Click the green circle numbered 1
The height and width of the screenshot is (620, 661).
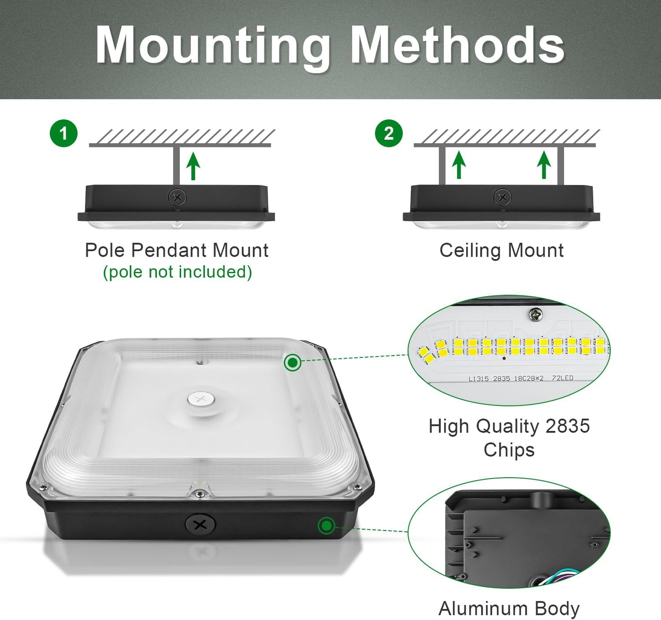(x=64, y=134)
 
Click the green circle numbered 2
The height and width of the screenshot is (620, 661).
(x=389, y=134)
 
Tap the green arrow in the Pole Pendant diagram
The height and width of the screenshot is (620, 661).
(x=193, y=166)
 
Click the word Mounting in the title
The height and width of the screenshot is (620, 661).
(x=213, y=46)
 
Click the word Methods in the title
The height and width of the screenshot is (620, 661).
(x=457, y=46)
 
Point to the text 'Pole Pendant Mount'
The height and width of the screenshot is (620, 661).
(x=177, y=250)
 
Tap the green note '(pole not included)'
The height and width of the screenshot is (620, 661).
(x=177, y=272)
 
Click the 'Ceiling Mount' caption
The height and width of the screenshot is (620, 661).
(x=501, y=250)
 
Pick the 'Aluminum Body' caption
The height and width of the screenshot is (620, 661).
(x=509, y=609)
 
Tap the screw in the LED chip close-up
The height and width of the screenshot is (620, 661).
(x=535, y=314)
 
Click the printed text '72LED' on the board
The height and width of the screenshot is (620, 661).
(x=562, y=378)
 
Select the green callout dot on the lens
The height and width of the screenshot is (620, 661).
(x=292, y=362)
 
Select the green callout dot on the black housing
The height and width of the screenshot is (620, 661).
(x=326, y=525)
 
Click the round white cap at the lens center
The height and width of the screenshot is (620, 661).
(x=201, y=399)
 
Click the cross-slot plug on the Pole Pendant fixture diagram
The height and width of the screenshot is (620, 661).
(x=177, y=198)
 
